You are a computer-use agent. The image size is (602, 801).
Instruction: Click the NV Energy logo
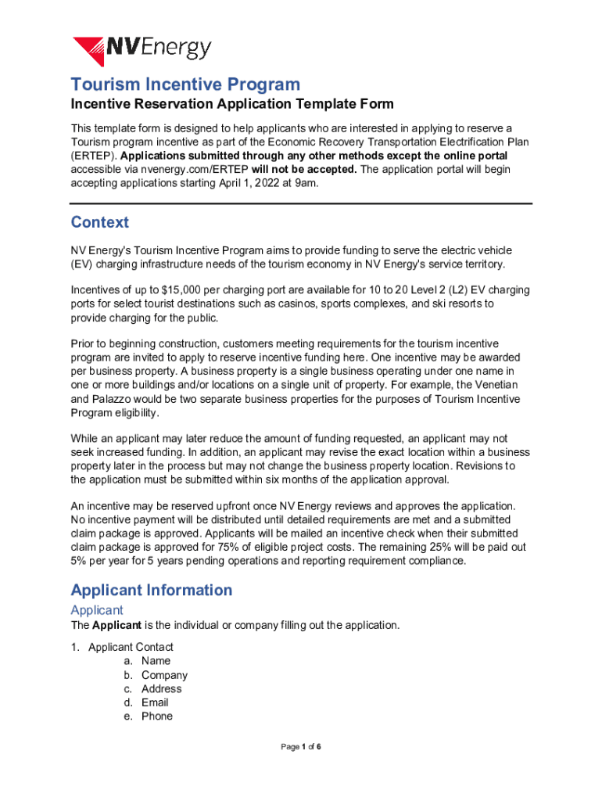pyautogui.click(x=142, y=49)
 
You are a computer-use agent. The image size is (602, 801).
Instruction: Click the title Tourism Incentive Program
pyautogui.click(x=185, y=84)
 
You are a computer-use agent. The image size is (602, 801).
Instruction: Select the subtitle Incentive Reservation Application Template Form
pyautogui.click(x=232, y=105)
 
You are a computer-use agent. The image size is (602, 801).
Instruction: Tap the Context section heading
pyautogui.click(x=99, y=222)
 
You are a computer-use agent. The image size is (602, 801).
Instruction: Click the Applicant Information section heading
pyautogui.click(x=151, y=590)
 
